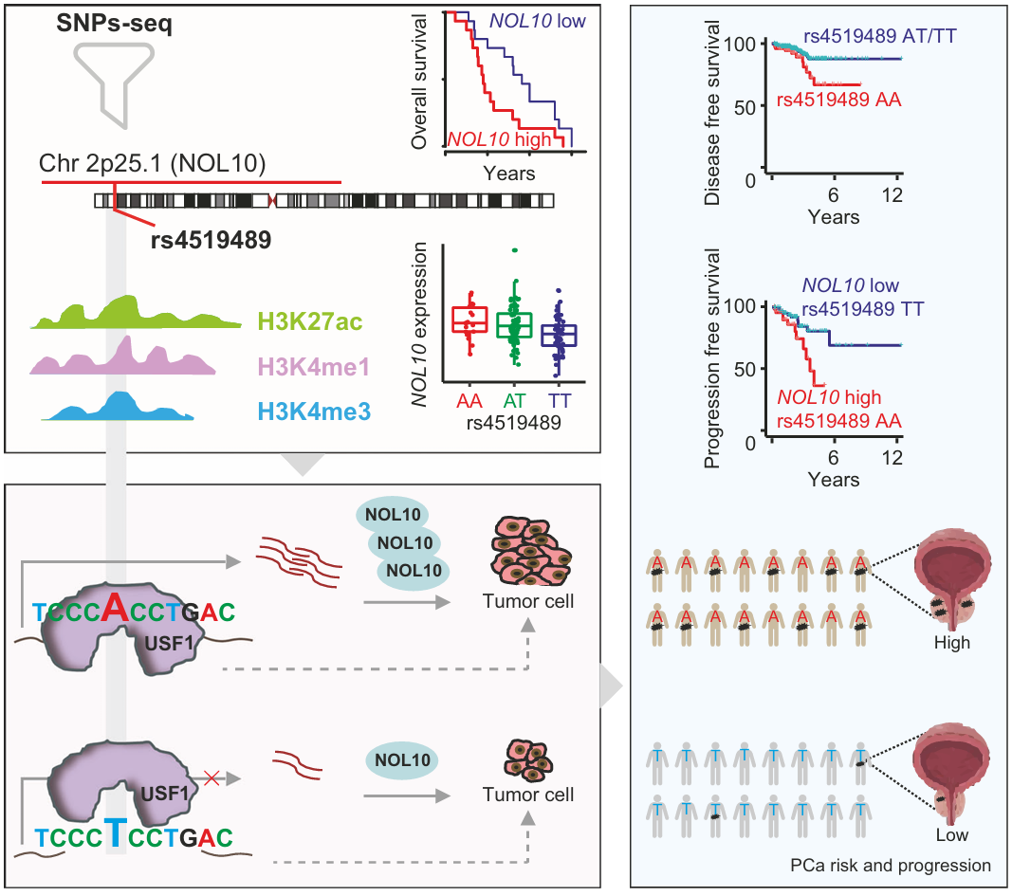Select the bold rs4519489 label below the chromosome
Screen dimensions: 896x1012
coord(212,240)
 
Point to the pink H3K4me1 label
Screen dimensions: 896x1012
coord(308,366)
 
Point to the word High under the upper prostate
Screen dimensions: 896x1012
coord(951,643)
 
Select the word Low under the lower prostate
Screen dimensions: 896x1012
coord(950,834)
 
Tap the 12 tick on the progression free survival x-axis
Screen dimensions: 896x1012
coord(892,459)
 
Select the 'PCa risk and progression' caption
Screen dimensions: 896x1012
coord(891,866)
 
